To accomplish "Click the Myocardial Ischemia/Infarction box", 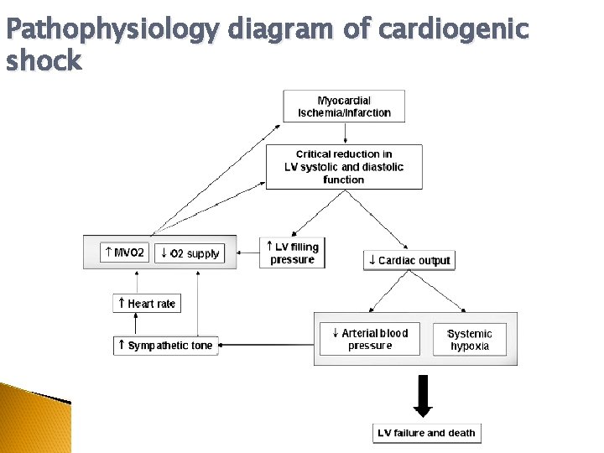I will pos(344,107).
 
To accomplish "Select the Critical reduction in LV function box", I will pos(344,167).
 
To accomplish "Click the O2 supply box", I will pos(190,253).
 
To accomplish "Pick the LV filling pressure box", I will pos(292,253).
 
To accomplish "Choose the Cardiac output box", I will pos(409,260).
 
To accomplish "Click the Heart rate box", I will pos(147,303).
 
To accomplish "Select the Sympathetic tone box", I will pos(165,345).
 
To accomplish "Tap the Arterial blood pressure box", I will pos(370,339).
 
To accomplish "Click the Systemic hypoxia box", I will pos(470,339).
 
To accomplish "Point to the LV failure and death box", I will pos(426,433).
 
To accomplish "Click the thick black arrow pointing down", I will pos(424,395).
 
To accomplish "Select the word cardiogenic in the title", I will pos(454,30).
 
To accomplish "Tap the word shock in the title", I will pos(44,60).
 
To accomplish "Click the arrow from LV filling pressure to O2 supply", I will pos(248,251).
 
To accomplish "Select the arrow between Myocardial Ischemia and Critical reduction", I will pos(344,133).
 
